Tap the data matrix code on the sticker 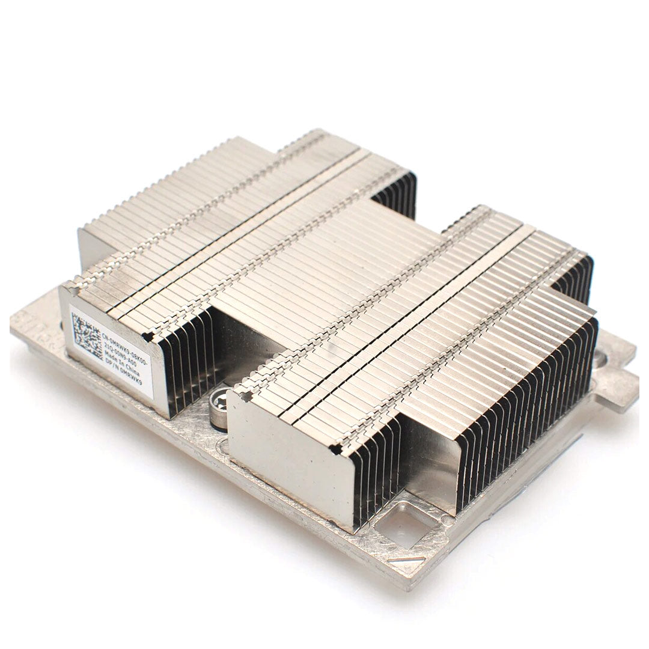click(87, 337)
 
